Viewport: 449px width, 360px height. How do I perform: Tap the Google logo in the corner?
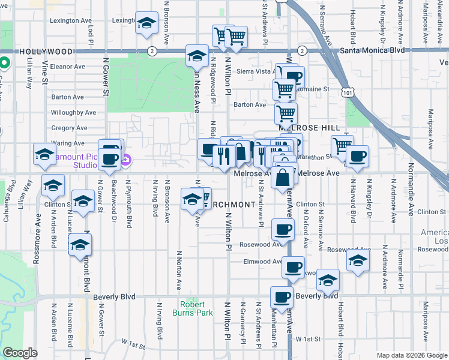pos(20,353)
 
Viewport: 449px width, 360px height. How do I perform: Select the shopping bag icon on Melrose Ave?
pos(283,178)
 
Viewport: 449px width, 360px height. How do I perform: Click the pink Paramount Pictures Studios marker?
pos(126,160)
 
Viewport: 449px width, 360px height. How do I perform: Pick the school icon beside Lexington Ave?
pos(146,23)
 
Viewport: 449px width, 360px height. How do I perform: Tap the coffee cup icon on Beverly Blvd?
pos(282,296)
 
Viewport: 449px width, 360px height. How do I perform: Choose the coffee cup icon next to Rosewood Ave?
pos(283,229)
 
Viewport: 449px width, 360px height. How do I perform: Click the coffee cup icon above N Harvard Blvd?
pos(357,157)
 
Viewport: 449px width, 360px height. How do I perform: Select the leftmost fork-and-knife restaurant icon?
pos(223,156)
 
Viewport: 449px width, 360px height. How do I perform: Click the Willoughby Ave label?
pos(73,112)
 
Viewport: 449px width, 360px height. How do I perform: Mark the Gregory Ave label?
pos(69,128)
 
